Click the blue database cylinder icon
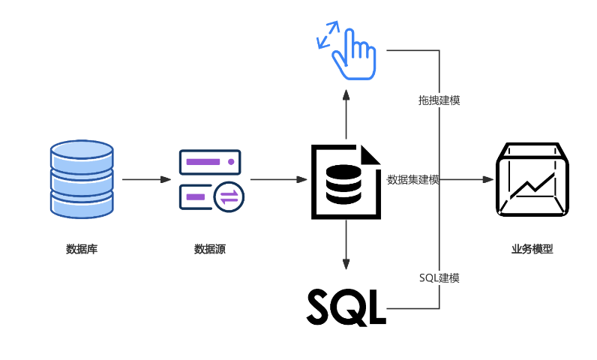coord(82,180)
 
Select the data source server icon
coord(209,180)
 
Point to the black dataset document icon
coord(346,181)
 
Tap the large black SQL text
coord(346,305)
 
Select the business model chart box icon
coord(531,179)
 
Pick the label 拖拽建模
coord(439,100)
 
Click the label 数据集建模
coord(412,180)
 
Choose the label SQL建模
coord(439,277)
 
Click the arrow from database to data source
coord(147,180)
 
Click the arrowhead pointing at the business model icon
coord(488,180)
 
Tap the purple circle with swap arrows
coord(228,197)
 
